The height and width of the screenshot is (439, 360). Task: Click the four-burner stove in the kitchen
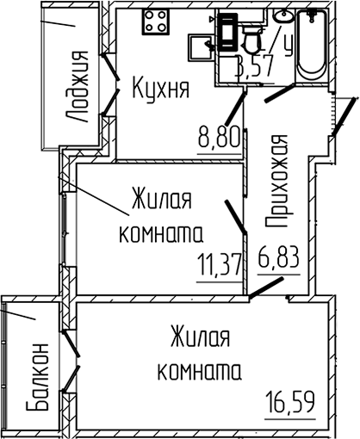(156, 22)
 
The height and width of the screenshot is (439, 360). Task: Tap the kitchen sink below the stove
(201, 47)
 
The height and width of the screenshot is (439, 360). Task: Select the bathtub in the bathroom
(311, 46)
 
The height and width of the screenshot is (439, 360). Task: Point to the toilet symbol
(252, 39)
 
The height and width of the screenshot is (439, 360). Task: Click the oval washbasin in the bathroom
(282, 15)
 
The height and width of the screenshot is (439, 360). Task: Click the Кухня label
(161, 89)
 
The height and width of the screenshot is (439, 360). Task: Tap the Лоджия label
(77, 87)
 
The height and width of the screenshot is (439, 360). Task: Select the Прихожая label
(276, 181)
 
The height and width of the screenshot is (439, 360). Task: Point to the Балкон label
(38, 377)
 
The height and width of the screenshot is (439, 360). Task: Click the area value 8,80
(219, 137)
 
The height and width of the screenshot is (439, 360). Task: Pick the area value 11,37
(220, 265)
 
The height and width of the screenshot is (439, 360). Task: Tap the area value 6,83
(279, 257)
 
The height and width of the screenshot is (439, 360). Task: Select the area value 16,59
(290, 402)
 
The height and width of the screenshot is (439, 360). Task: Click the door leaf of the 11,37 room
(236, 217)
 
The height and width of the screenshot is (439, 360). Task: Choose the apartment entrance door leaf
(345, 116)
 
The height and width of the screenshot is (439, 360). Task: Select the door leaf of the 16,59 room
(266, 288)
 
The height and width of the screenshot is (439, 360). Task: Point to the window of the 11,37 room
(65, 228)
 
